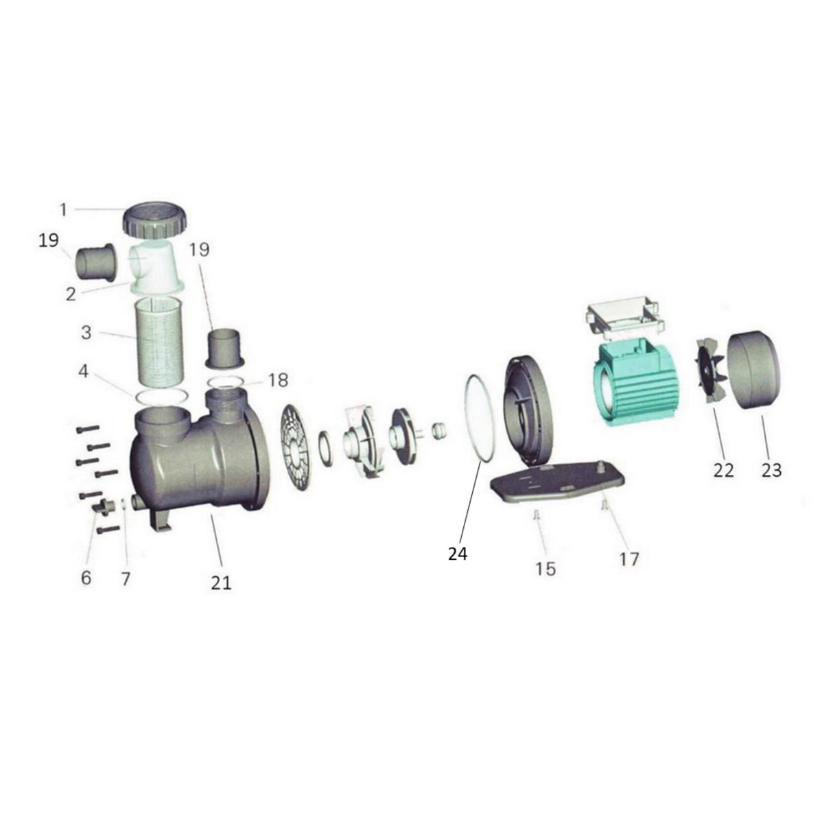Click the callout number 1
pos(63,209)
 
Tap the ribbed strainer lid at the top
pos(156,219)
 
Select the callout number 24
pos(457,553)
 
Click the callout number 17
pos(629,559)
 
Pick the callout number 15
pos(545,569)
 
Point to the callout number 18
pos(278,379)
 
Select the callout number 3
pos(86,333)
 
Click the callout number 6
pos(86,578)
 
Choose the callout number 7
pos(125,578)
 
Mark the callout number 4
pos(84,372)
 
